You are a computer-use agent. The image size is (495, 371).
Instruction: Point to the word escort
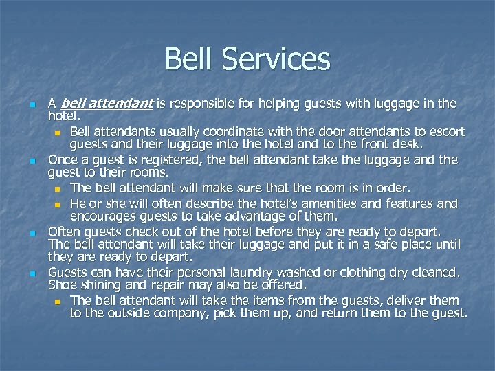click(447, 131)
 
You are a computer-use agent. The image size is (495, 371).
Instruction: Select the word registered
click(153, 159)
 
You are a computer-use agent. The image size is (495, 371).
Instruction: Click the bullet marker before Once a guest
click(32, 160)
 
